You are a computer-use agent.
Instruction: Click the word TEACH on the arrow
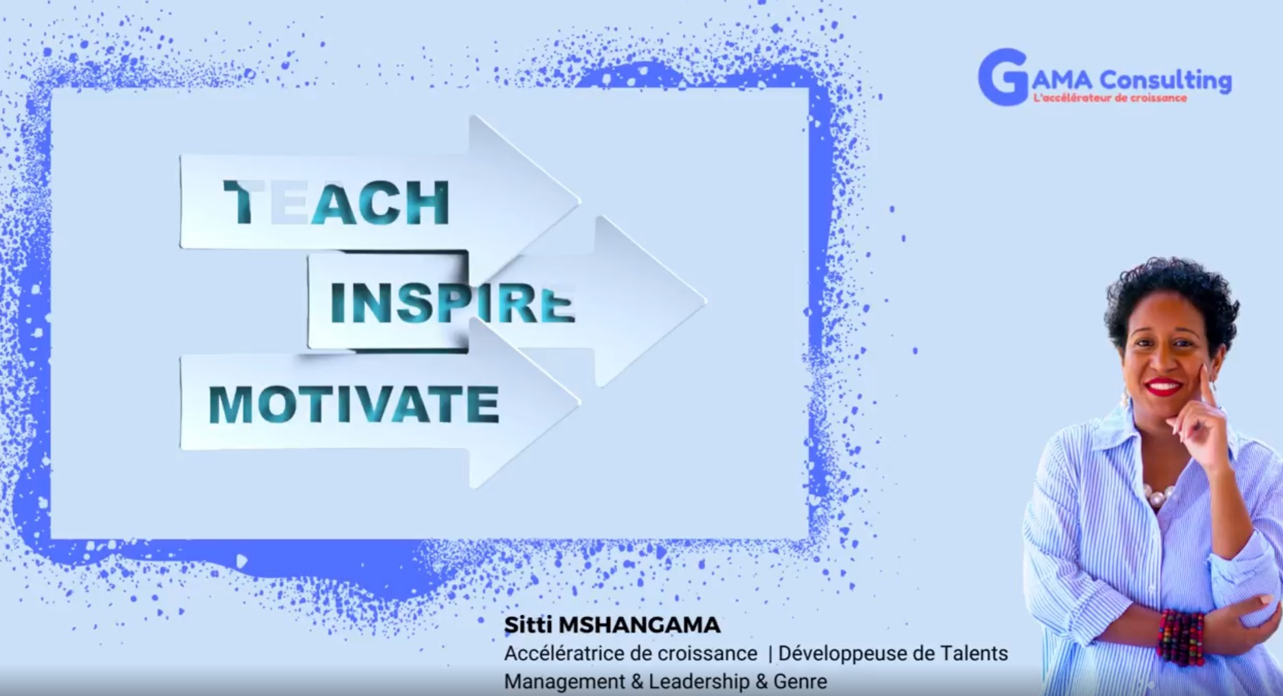(337, 203)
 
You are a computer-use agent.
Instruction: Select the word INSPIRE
(452, 303)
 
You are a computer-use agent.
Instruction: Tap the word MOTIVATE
(354, 404)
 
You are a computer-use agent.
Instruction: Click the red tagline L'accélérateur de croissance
(1110, 98)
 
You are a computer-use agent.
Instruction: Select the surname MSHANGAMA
(640, 625)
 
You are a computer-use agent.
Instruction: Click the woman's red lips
(1164, 387)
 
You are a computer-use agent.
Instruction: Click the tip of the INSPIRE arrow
(706, 300)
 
